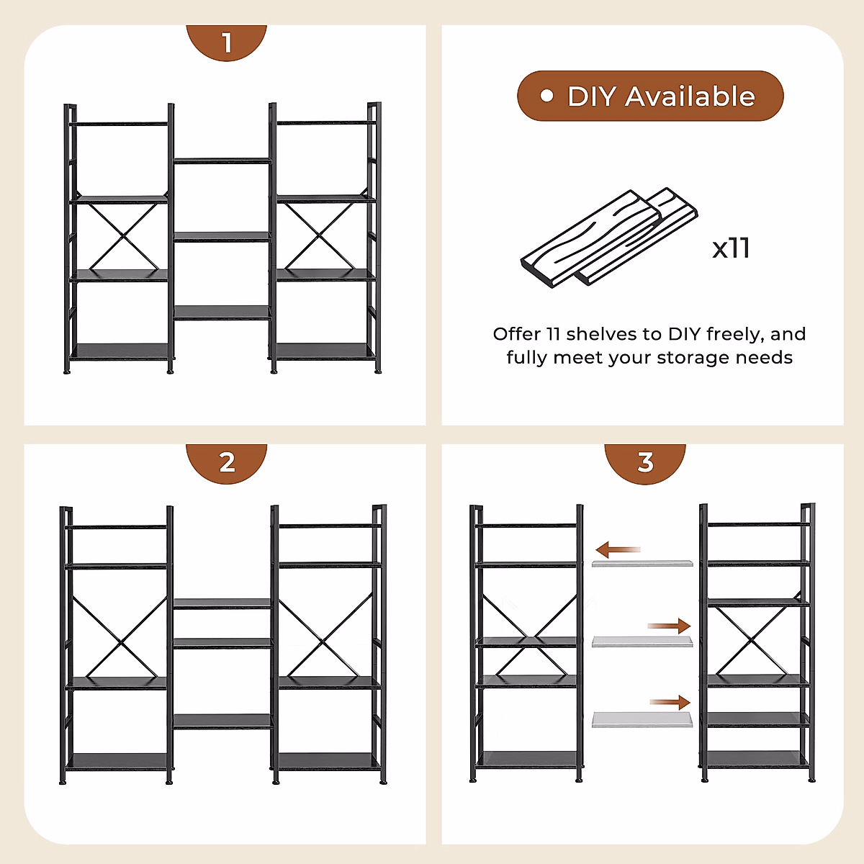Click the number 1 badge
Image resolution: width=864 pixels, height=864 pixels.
pos(226,42)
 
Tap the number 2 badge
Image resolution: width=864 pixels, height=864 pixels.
pos(226,462)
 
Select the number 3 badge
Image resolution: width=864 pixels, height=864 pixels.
pos(644,462)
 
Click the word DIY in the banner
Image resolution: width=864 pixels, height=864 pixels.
pos(593,96)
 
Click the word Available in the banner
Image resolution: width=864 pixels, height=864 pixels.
pos(690,96)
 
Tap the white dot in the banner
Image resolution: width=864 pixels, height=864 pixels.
pos(546,96)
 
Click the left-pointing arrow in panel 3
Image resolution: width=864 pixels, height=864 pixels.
pos(618,549)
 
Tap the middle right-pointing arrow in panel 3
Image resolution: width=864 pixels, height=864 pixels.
pos(669,626)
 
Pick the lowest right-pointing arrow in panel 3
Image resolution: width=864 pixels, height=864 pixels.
pos(670,702)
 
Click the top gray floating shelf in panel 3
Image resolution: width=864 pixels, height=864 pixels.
pos(642,563)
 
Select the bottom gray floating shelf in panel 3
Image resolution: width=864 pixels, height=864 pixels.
pos(642,719)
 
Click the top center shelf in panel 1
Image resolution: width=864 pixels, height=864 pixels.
pos(222,161)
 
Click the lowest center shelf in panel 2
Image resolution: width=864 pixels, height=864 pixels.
pos(222,721)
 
